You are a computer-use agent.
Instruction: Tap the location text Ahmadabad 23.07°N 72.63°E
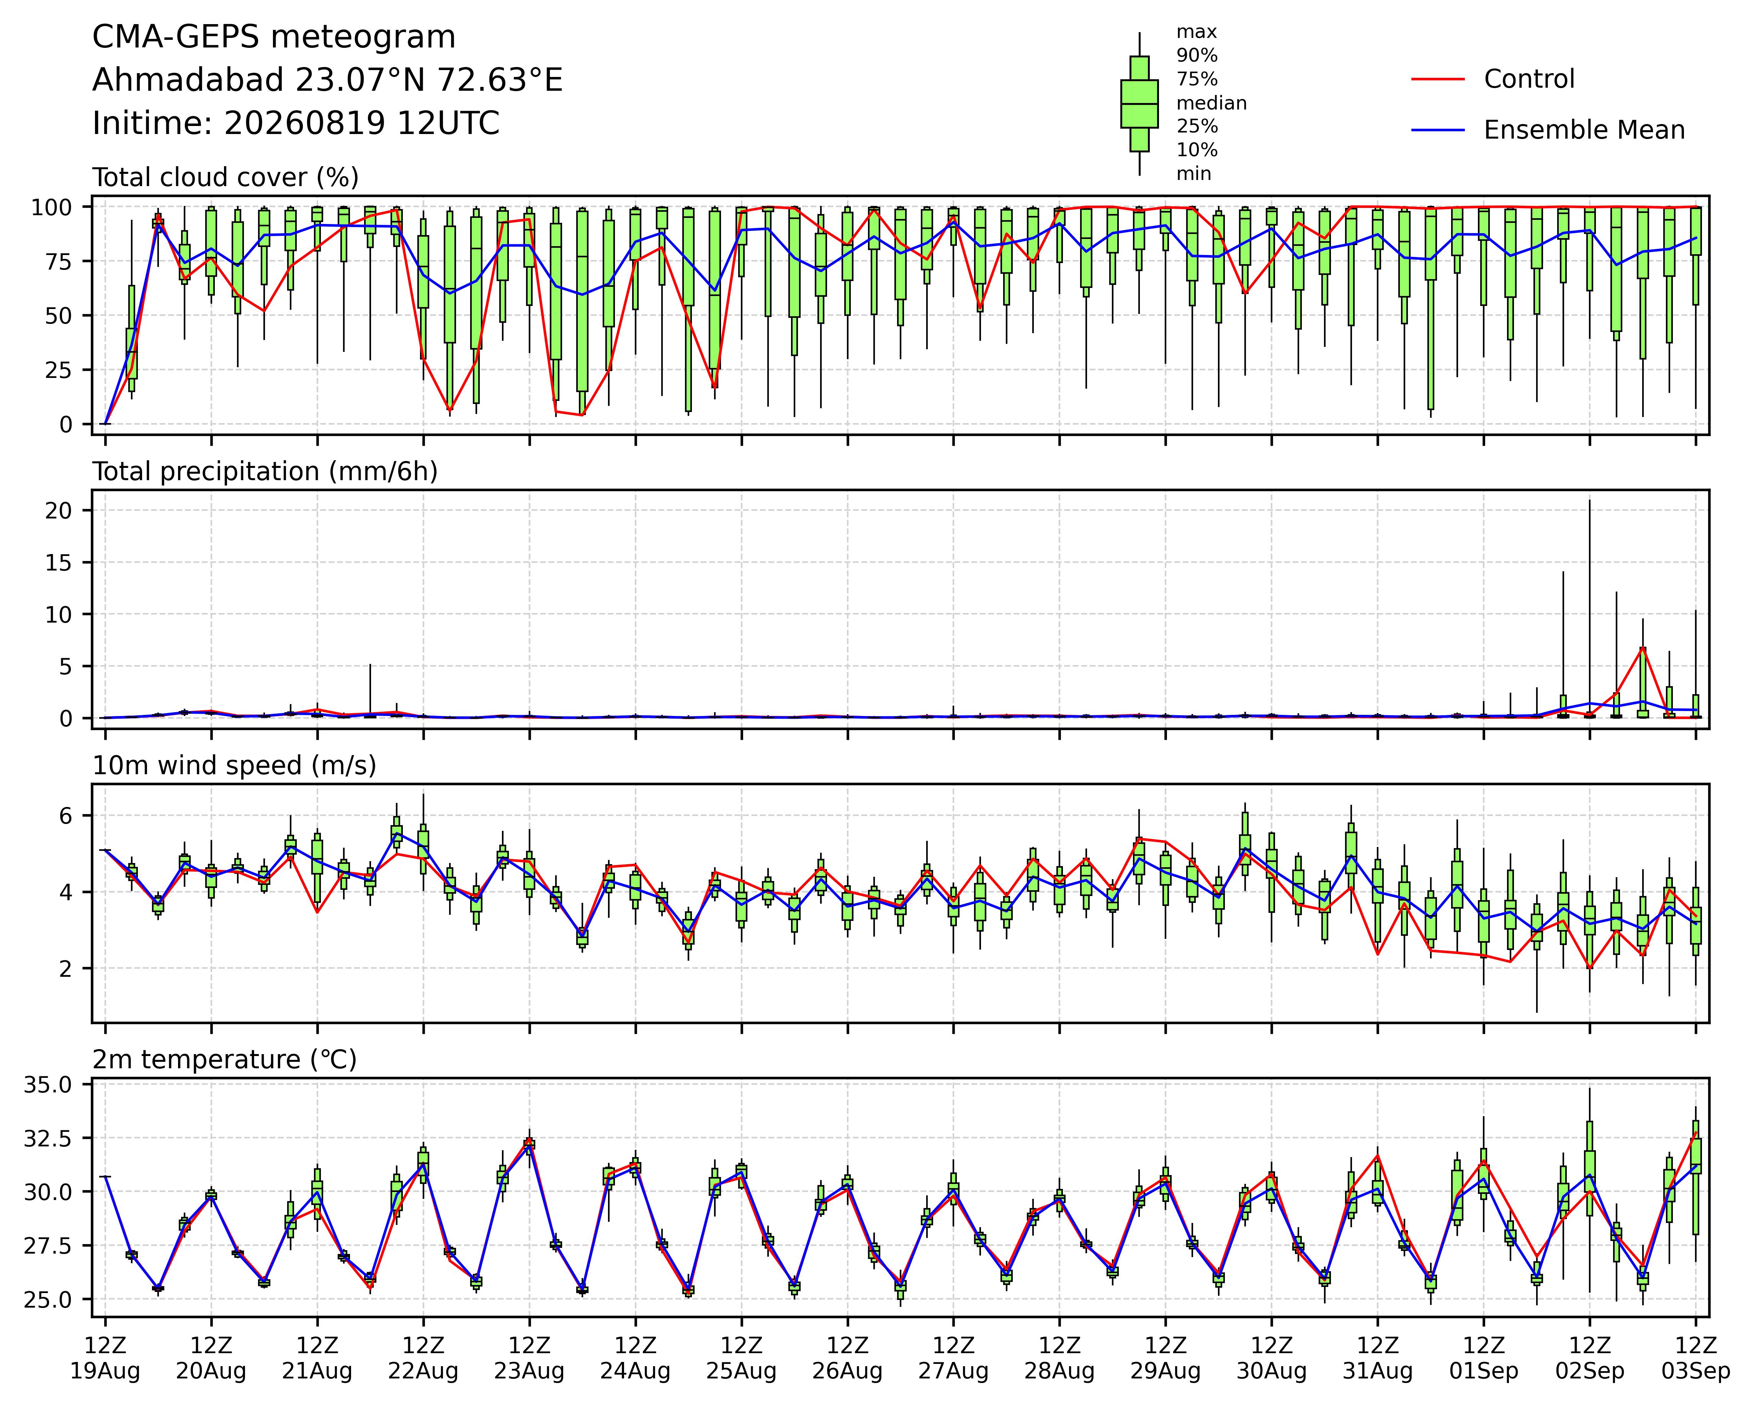coord(328,80)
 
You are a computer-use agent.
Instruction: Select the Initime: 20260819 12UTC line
coord(296,124)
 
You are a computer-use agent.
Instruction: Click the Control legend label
coord(1530,79)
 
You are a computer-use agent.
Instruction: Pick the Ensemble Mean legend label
coord(1584,130)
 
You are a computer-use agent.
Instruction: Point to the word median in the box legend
coord(1211,103)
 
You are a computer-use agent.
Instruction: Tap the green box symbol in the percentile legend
coord(1139,103)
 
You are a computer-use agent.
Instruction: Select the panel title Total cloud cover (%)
coord(226,177)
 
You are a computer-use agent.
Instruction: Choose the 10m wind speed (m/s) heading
coord(234,766)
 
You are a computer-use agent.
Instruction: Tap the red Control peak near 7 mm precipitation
coord(1643,648)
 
